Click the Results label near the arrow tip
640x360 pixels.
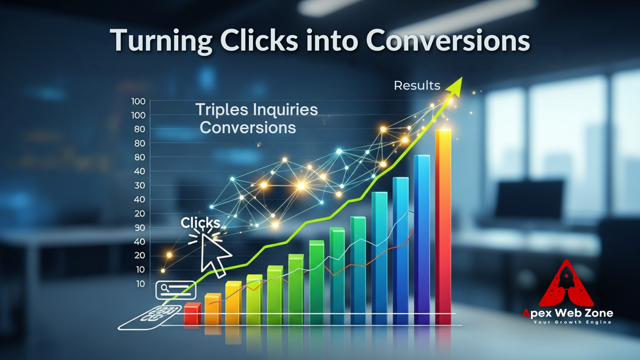(x=417, y=85)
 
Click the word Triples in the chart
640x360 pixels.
(x=222, y=110)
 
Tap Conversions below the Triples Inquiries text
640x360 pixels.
(x=248, y=127)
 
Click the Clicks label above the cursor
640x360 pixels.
(x=200, y=223)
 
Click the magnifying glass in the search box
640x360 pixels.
(x=165, y=288)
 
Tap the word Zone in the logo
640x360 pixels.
(x=599, y=313)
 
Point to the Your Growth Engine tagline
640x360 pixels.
(x=572, y=322)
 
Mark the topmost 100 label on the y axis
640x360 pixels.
(x=138, y=101)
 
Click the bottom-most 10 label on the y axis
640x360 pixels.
(x=140, y=284)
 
